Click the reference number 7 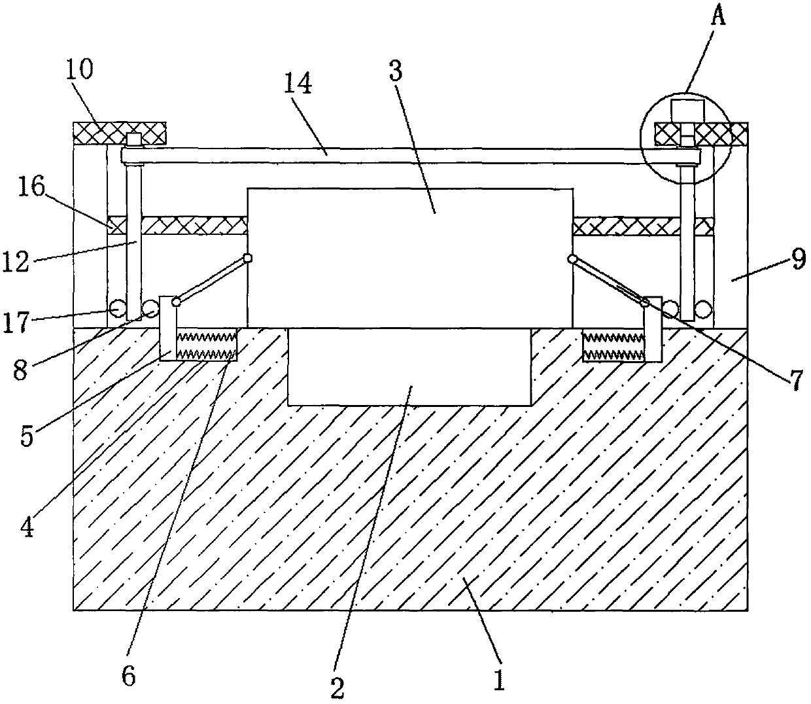pyautogui.click(x=795, y=380)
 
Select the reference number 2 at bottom pyautogui.click(x=337, y=687)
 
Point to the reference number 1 pyautogui.click(x=499, y=680)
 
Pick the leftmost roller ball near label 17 pyautogui.click(x=118, y=308)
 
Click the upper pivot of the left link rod pyautogui.click(x=247, y=258)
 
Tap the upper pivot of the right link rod pyautogui.click(x=572, y=259)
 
